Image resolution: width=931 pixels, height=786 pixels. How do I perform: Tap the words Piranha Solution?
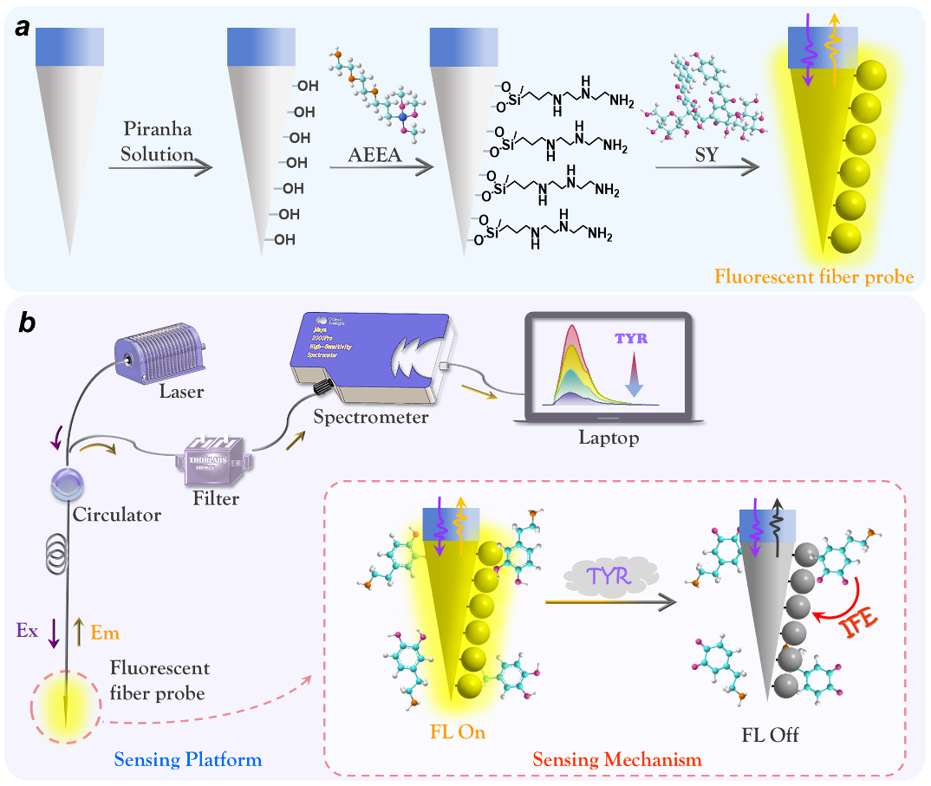click(158, 142)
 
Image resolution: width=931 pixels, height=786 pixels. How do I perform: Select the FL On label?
click(457, 732)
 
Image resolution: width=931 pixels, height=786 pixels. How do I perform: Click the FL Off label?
click(770, 736)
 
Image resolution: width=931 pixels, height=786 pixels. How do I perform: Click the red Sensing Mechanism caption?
click(616, 760)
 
